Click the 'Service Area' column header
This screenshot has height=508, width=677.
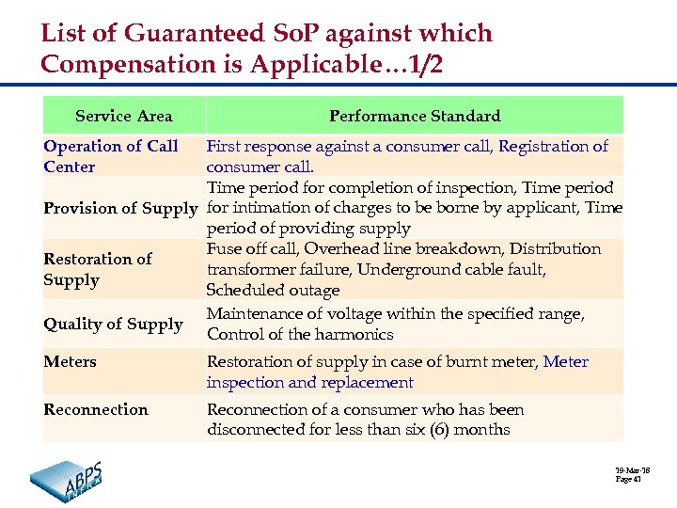(123, 117)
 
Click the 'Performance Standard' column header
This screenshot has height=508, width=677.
(414, 117)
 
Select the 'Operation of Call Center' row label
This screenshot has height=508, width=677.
(110, 156)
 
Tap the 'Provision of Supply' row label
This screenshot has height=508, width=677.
(121, 208)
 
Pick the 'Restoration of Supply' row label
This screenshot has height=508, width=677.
(98, 269)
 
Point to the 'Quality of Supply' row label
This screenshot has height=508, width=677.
(113, 324)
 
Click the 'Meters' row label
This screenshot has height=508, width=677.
(70, 361)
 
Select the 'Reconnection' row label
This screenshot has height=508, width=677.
(96, 409)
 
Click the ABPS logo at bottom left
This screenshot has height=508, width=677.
(68, 475)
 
